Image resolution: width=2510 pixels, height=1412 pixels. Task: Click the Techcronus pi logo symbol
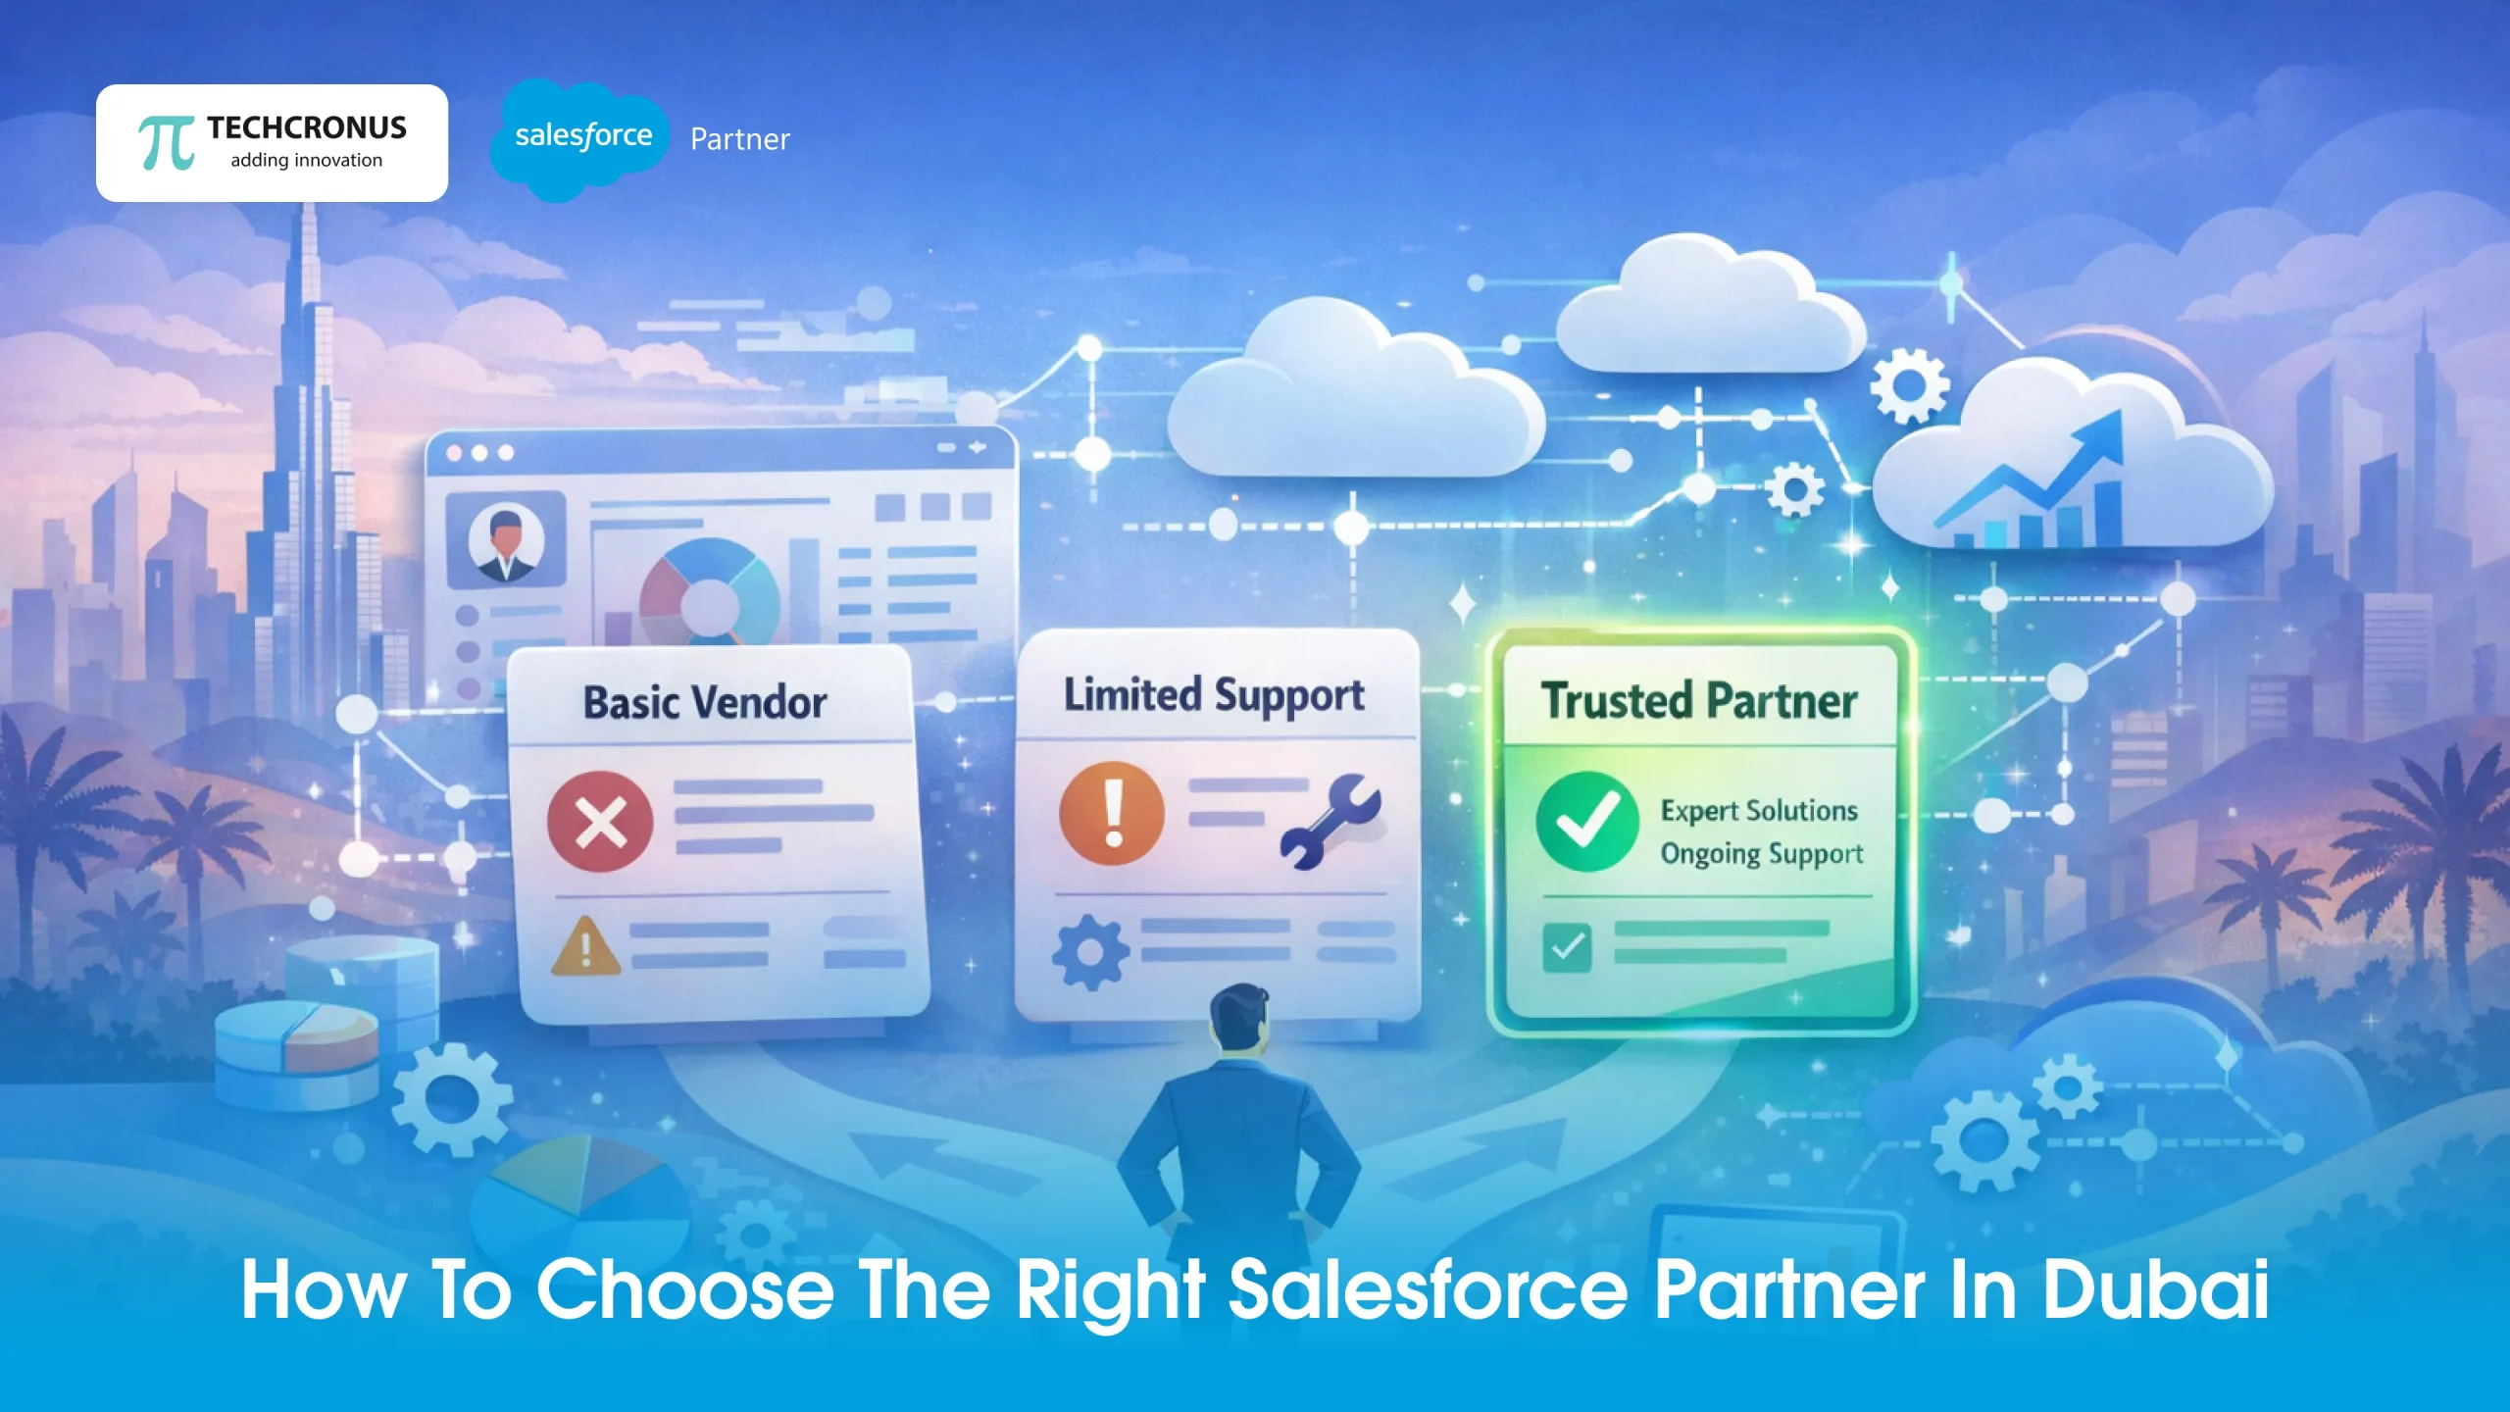[166, 144]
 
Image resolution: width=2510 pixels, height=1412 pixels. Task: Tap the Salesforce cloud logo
[582, 137]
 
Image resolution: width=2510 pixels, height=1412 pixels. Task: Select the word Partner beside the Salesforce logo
[739, 139]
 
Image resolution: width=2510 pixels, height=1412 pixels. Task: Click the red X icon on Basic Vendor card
[600, 821]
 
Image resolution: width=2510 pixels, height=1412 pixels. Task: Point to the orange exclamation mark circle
[1112, 813]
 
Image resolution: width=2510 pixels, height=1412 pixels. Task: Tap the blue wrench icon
[1330, 822]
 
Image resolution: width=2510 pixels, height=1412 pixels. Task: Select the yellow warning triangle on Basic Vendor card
[585, 947]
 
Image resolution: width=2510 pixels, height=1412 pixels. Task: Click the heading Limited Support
[1214, 695]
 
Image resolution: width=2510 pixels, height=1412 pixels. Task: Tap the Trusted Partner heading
[1699, 701]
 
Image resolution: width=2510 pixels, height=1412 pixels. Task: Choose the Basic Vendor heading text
[705, 703]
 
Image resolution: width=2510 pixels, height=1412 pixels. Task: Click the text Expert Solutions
[1759, 811]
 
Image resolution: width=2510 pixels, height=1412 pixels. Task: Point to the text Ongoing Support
[1761, 854]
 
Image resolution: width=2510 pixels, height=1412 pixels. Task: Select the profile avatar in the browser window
[506, 541]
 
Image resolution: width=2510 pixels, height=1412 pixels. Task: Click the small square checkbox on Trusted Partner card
[1567, 947]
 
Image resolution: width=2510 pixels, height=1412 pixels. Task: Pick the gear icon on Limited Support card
[1089, 951]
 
